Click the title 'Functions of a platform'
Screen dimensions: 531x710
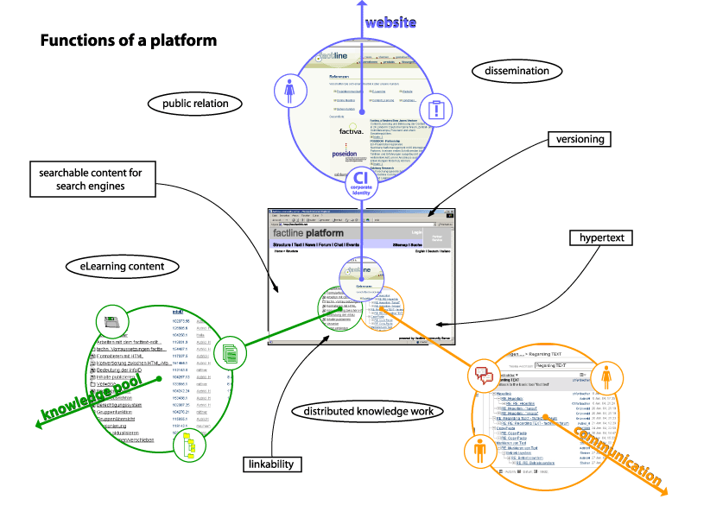coord(129,41)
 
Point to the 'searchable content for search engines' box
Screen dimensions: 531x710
coord(91,179)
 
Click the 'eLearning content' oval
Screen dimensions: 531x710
coord(116,266)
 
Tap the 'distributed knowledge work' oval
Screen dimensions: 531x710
coord(368,411)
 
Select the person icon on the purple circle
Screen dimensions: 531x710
coord(289,89)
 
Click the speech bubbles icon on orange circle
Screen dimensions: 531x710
coord(484,376)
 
